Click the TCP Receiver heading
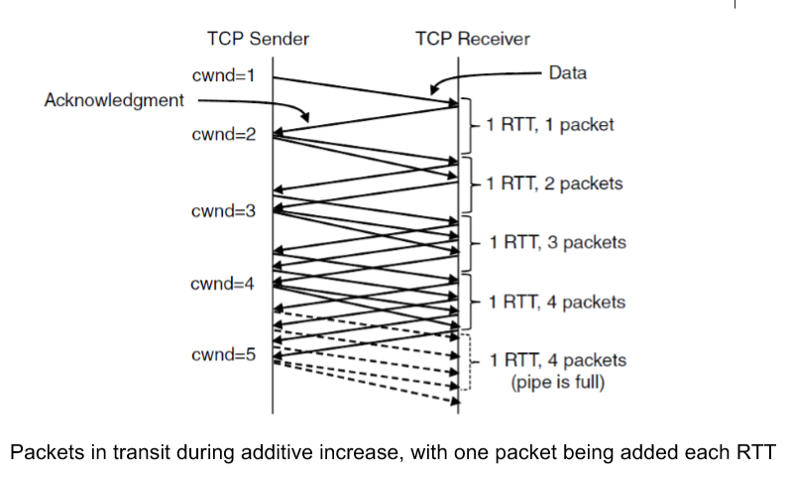[x=473, y=40]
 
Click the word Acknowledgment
[x=115, y=100]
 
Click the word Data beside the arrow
[x=567, y=73]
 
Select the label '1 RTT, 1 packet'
[x=549, y=125]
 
